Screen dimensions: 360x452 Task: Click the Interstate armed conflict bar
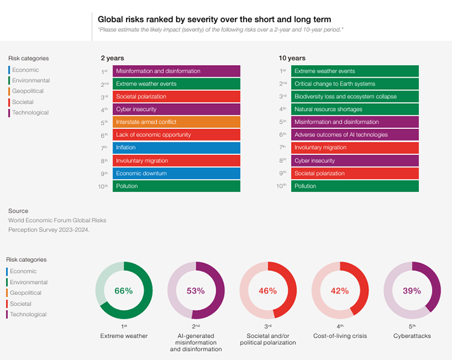point(177,122)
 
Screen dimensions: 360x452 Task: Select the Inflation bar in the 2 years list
point(177,148)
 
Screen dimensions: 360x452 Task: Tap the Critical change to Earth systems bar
point(355,84)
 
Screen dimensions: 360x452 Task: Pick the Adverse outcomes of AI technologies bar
point(355,135)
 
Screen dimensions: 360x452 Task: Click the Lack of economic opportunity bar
point(177,135)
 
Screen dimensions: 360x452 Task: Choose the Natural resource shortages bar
point(355,109)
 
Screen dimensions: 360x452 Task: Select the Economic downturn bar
point(177,174)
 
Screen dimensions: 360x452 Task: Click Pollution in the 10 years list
point(355,186)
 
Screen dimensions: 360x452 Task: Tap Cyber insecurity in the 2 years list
point(177,109)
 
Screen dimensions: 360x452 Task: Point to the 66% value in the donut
point(124,291)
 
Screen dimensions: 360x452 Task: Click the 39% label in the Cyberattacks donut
point(412,291)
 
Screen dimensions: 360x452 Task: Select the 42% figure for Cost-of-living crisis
point(340,291)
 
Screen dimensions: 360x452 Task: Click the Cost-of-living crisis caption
point(340,335)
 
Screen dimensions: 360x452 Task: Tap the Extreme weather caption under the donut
point(124,335)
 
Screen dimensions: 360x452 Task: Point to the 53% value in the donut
point(196,291)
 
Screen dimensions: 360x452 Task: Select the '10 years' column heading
point(292,58)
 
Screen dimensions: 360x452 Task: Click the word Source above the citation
point(18,211)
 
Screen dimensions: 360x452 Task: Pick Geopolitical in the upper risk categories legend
point(28,91)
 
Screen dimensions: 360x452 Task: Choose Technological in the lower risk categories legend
point(28,314)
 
